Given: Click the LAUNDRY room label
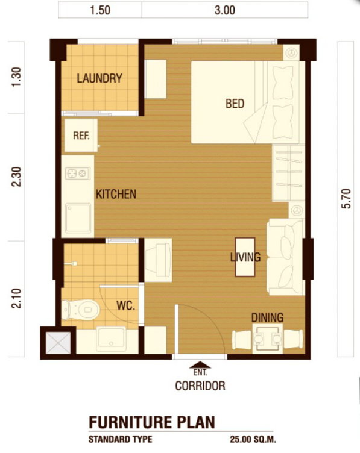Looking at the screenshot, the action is [x=99, y=78].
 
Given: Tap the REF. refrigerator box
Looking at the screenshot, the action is [x=81, y=136].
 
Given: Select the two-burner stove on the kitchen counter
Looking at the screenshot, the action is [x=78, y=173].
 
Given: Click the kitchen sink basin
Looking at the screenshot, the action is [x=78, y=218].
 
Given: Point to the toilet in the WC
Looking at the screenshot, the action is [x=80, y=310].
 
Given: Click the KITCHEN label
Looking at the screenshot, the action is [x=116, y=194].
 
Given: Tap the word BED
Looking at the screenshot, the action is [x=235, y=104].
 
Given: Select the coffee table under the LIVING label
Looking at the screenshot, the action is [x=245, y=257].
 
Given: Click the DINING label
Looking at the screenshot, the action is [x=268, y=317].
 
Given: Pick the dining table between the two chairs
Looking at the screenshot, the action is [x=268, y=339].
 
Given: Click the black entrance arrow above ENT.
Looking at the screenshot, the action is [x=200, y=365].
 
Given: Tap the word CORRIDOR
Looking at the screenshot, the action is [x=200, y=386].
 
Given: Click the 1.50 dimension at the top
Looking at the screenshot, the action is [x=100, y=10].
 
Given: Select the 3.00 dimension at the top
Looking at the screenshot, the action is [x=225, y=10].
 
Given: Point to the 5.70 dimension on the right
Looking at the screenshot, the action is [x=346, y=198].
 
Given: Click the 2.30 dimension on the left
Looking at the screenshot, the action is [x=16, y=177].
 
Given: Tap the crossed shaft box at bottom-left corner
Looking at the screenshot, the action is [x=58, y=343].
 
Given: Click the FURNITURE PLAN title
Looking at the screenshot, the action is [x=152, y=422].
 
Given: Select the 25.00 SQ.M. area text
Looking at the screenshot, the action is [x=253, y=440].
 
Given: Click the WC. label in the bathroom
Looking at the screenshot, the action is [x=126, y=305].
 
